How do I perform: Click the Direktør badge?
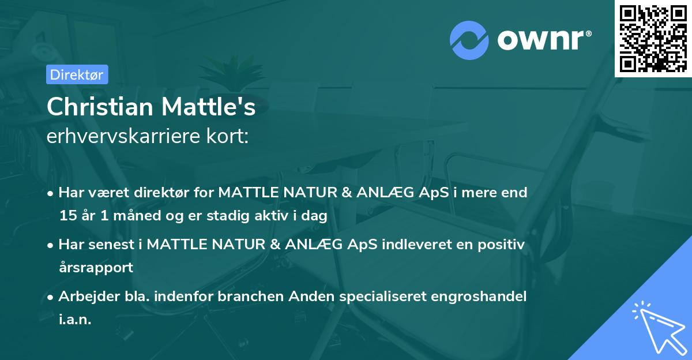[x=77, y=74]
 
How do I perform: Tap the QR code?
[x=653, y=38]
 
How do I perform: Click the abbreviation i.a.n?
[x=75, y=320]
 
